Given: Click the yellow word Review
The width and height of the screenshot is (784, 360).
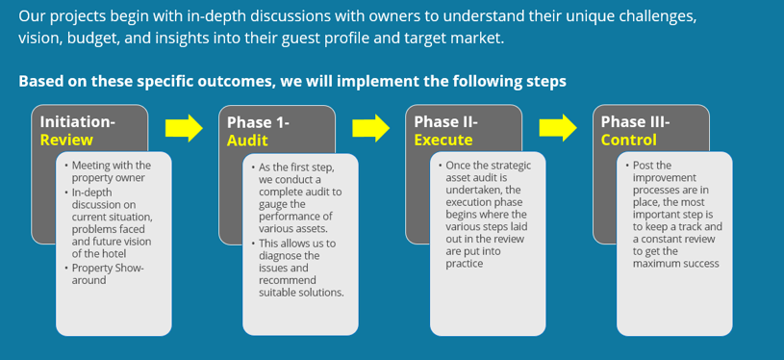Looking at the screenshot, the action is (x=66, y=140).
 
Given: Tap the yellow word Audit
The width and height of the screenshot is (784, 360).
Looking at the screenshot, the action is (x=247, y=141).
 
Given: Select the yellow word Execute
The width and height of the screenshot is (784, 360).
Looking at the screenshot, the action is (x=443, y=141).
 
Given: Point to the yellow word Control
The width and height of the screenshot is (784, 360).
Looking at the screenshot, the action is (x=629, y=140).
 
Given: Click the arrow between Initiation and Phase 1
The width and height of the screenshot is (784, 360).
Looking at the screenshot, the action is (x=184, y=128).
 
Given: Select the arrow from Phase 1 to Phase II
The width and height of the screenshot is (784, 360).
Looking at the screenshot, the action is (x=371, y=128).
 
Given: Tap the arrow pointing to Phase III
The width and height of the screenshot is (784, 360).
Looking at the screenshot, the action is (x=558, y=128).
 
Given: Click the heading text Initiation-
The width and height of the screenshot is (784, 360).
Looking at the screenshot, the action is (x=78, y=122).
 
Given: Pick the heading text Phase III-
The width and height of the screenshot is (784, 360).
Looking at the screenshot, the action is (x=635, y=122).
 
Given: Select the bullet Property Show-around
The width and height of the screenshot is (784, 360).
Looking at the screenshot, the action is (x=108, y=274).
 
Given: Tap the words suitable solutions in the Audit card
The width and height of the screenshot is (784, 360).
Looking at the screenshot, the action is (x=301, y=293).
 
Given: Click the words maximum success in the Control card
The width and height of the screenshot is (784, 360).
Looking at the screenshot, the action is (x=676, y=264).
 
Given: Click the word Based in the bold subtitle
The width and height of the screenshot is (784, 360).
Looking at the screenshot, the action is (x=36, y=81).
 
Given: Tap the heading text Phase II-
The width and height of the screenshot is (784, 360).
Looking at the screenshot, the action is (x=446, y=122).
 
